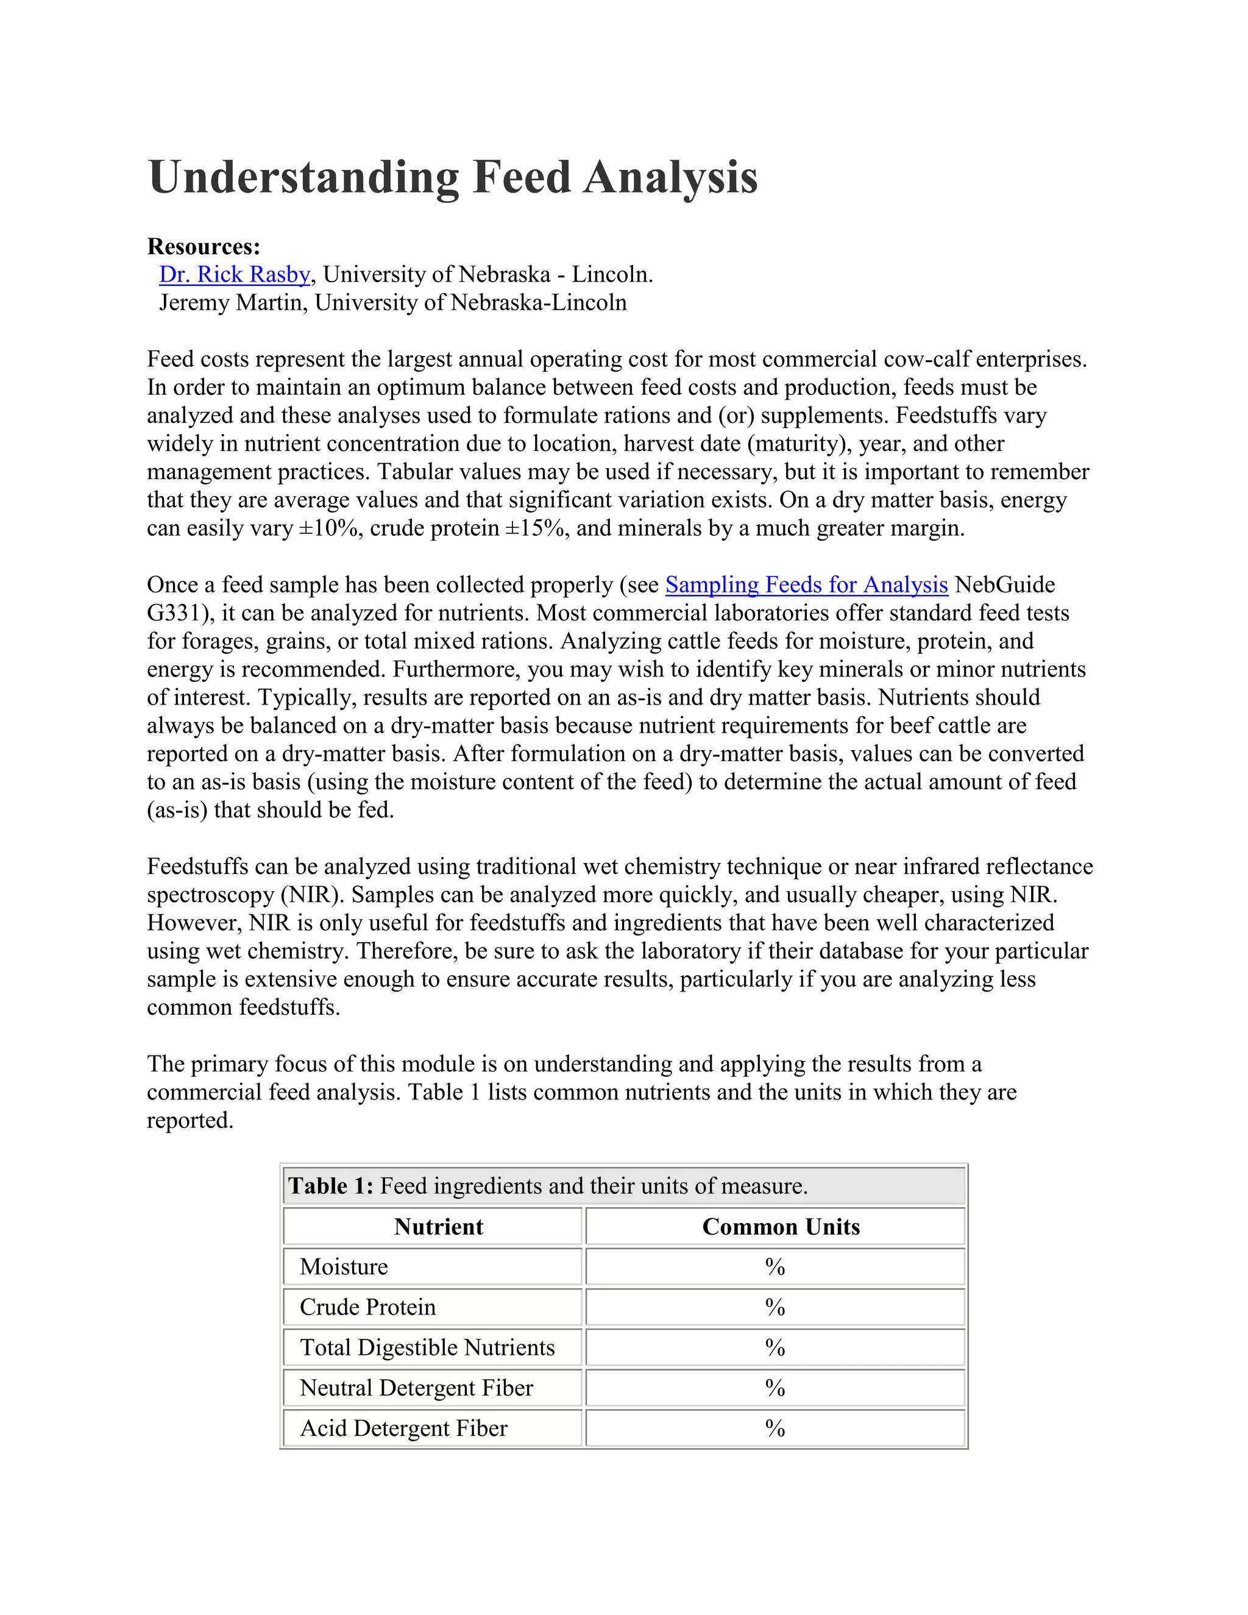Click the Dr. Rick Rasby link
pos(235,274)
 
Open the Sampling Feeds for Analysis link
pos(806,585)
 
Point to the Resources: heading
pos(204,246)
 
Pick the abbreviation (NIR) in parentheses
pos(312,895)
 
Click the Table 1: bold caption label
pos(330,1186)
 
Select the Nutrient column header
pos(438,1227)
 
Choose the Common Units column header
pos(781,1227)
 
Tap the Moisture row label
pos(344,1267)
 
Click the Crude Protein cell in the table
pos(367,1307)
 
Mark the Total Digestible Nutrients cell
pos(427,1347)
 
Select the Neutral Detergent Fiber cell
pos(416,1388)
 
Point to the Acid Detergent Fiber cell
pos(403,1428)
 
